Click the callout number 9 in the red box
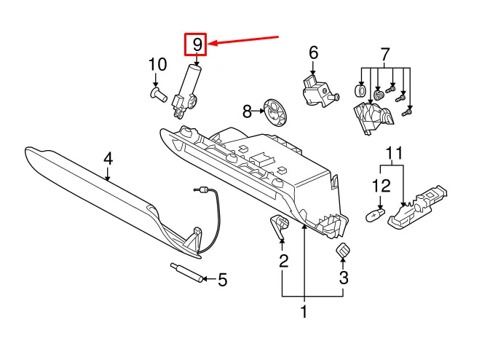click(196, 45)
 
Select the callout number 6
click(313, 52)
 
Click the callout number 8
click(247, 111)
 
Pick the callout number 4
click(108, 158)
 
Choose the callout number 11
click(393, 154)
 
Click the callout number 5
click(223, 279)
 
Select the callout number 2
click(283, 260)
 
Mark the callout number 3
click(344, 277)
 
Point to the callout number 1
click(304, 313)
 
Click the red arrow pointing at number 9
click(244, 39)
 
